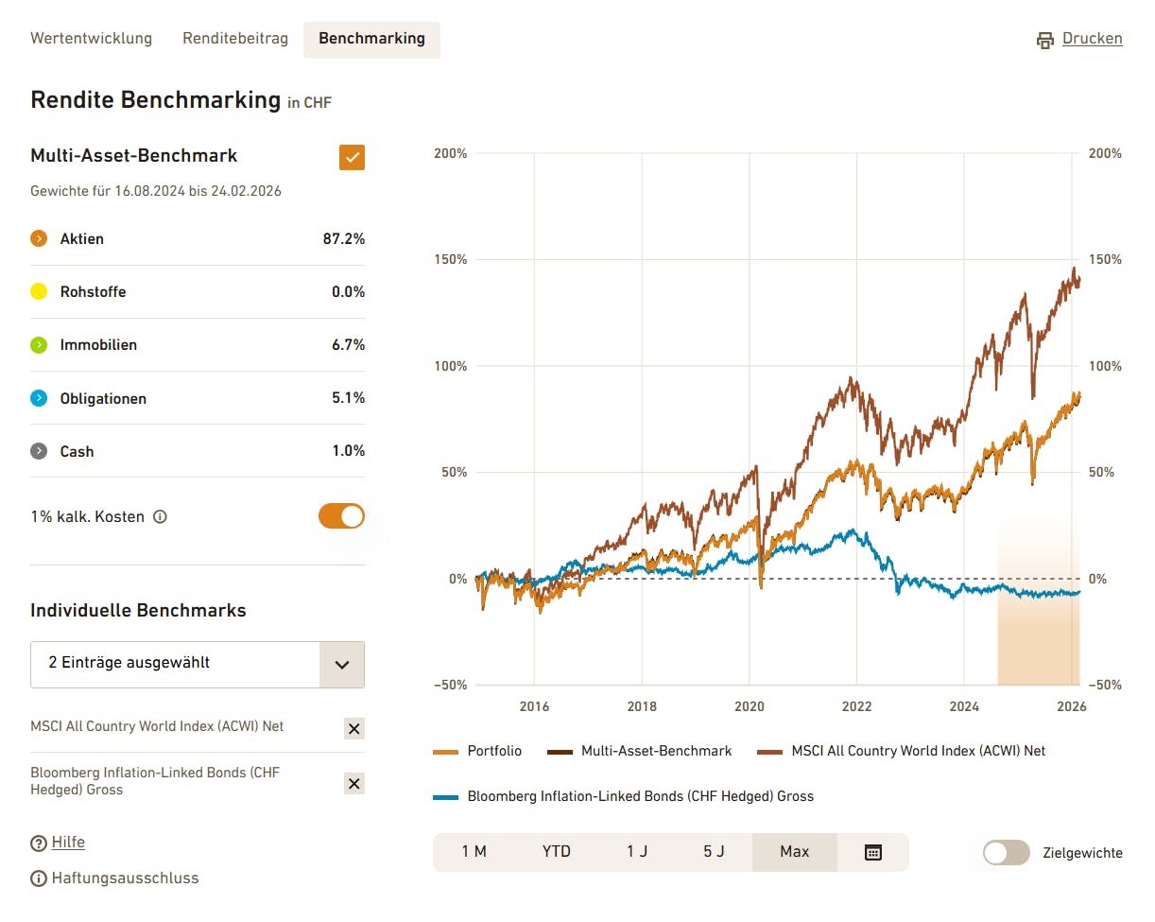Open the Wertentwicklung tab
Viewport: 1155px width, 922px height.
pyautogui.click(x=91, y=39)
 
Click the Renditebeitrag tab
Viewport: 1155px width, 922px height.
pyautogui.click(x=235, y=39)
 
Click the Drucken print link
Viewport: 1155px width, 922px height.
pyautogui.click(x=1080, y=39)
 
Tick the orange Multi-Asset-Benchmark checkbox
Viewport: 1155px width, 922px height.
pyautogui.click(x=352, y=157)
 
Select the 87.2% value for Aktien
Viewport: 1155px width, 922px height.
pyautogui.click(x=344, y=239)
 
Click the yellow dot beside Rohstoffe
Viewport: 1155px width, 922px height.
pyautogui.click(x=39, y=292)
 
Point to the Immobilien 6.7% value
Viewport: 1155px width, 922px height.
pyautogui.click(x=348, y=345)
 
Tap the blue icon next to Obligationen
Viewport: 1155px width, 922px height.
pyautogui.click(x=39, y=398)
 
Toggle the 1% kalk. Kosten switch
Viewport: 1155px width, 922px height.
pyautogui.click(x=341, y=516)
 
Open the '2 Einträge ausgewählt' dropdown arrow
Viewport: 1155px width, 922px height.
pyautogui.click(x=342, y=665)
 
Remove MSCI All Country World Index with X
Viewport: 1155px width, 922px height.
pyautogui.click(x=353, y=728)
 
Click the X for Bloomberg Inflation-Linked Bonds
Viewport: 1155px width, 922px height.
pyautogui.click(x=353, y=783)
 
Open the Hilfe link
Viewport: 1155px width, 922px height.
pyautogui.click(x=68, y=843)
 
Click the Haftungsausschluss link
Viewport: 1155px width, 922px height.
pyautogui.click(x=125, y=879)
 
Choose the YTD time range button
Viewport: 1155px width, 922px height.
pyautogui.click(x=557, y=852)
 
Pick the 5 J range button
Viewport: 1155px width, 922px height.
pyautogui.click(x=714, y=852)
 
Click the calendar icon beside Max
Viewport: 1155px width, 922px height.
pyautogui.click(x=873, y=852)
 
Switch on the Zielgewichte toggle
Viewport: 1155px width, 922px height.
pyautogui.click(x=1007, y=853)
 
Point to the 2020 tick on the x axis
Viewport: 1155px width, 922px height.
pyautogui.click(x=750, y=706)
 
